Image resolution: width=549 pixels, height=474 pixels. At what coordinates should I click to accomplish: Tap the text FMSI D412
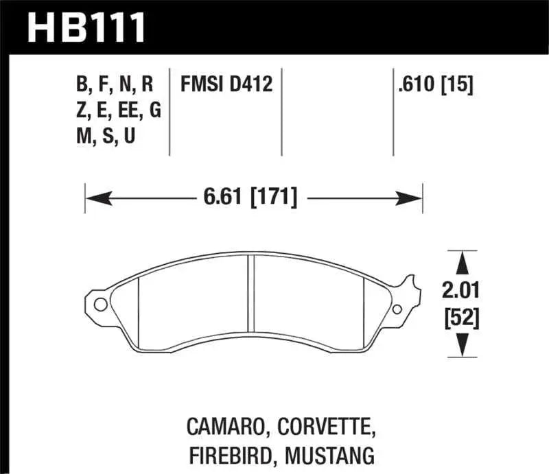[226, 85]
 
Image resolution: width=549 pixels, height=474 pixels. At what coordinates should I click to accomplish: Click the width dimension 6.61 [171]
[249, 199]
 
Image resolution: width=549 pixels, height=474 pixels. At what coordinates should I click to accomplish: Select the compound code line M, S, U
[106, 137]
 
